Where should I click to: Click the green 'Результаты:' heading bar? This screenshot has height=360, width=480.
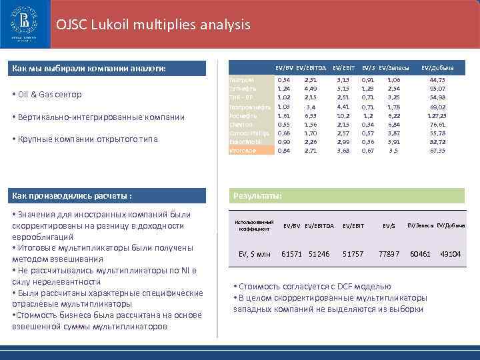tap(347, 195)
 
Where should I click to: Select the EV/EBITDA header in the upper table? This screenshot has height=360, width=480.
tap(311, 69)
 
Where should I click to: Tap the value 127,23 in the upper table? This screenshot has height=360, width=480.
tap(437, 115)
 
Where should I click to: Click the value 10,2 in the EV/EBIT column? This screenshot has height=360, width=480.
tap(343, 115)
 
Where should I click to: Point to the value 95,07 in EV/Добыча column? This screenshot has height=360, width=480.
tap(437, 89)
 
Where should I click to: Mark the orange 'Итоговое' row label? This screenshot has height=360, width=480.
tap(243, 150)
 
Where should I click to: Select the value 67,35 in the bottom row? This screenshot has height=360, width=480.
tap(437, 150)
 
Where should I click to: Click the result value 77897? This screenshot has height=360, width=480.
tap(389, 254)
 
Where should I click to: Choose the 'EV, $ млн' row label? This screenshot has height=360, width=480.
tap(254, 254)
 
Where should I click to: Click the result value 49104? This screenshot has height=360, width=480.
tap(450, 254)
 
